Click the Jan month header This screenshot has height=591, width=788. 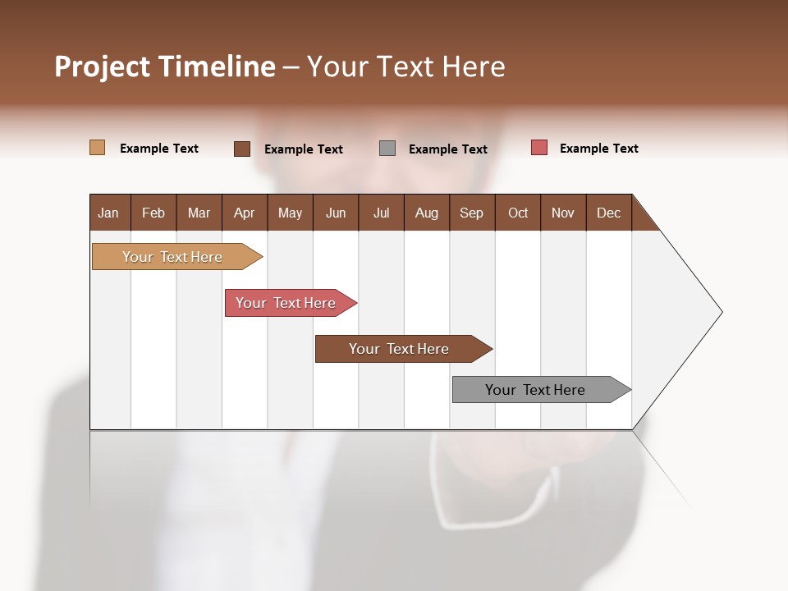click(x=109, y=213)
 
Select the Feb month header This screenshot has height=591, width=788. click(x=153, y=213)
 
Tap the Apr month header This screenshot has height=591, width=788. click(x=244, y=213)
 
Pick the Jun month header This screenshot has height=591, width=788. click(x=336, y=213)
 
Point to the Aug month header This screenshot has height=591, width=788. click(x=426, y=213)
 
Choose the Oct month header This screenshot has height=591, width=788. click(x=518, y=213)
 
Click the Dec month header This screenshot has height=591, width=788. click(x=608, y=213)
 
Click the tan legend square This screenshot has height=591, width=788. click(x=97, y=148)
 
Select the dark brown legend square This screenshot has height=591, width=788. click(x=241, y=149)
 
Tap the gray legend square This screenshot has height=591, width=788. click(x=387, y=148)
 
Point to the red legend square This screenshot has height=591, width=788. click(x=538, y=148)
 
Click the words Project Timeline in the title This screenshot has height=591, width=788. click(x=164, y=66)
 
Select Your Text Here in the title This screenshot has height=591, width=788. click(x=406, y=66)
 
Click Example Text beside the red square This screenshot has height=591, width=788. click(x=598, y=149)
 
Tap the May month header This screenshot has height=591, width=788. click(x=290, y=213)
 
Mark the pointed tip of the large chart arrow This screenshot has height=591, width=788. click(x=721, y=312)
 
